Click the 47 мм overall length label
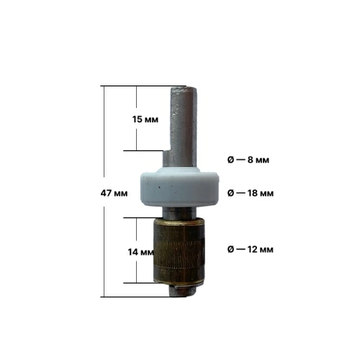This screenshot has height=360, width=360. click(x=114, y=193)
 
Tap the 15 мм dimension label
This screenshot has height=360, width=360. click(x=145, y=120)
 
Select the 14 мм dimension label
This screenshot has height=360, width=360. click(x=140, y=252)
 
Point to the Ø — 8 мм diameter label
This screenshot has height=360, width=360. click(x=248, y=160)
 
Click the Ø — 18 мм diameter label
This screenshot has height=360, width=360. click(x=251, y=193)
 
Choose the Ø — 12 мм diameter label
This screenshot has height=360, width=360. click(x=250, y=250)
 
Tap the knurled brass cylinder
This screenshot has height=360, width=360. click(x=179, y=252)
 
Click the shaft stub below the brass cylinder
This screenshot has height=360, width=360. click(x=183, y=291)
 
